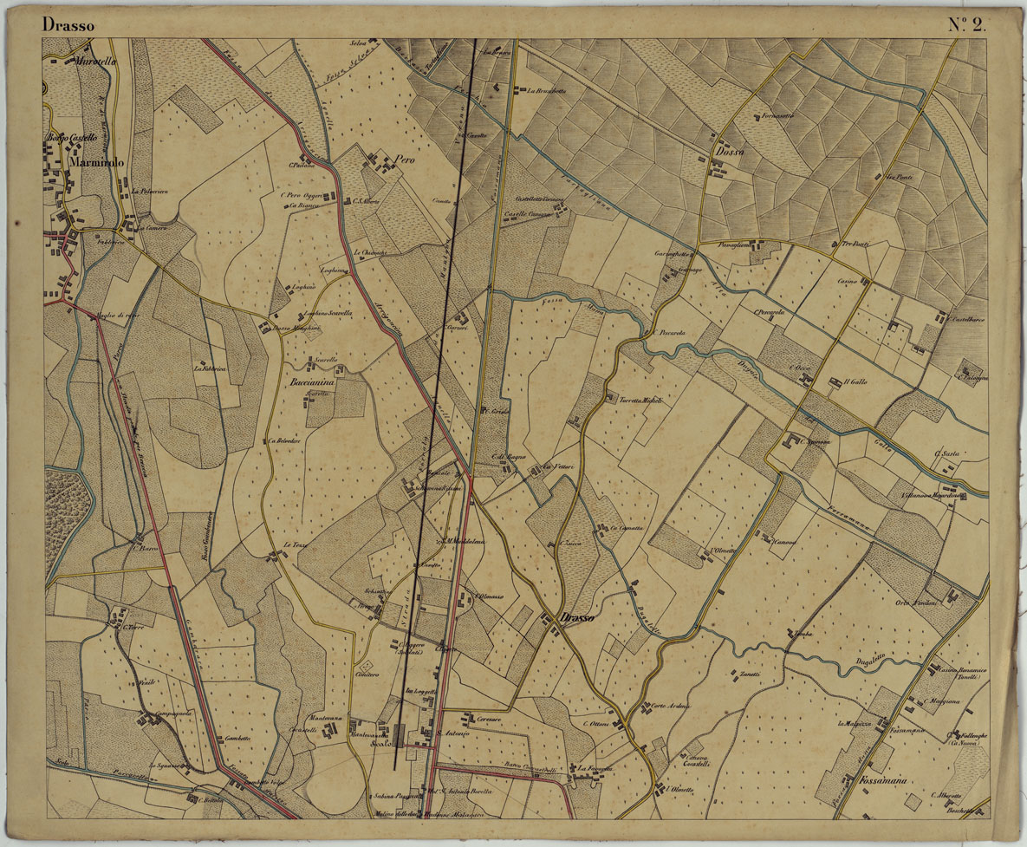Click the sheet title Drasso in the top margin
68,25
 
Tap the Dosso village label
730,153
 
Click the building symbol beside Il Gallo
835,382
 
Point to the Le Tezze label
296,544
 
